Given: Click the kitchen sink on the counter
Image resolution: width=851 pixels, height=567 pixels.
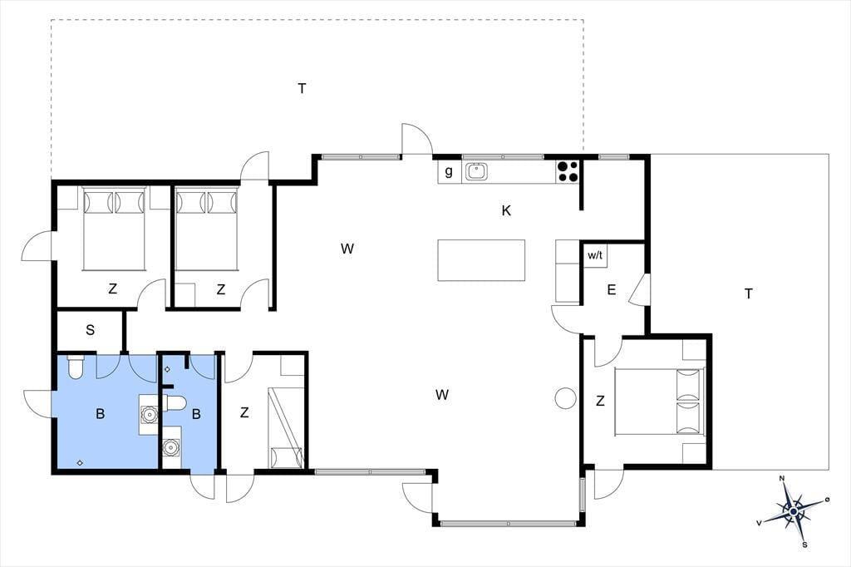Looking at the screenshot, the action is [x=476, y=171].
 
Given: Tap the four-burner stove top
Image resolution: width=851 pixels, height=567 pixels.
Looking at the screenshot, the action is [x=568, y=171].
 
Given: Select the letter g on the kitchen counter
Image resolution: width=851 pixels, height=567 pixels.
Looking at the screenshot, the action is [x=448, y=171].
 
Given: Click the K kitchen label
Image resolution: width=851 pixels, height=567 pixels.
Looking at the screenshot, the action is [x=506, y=210].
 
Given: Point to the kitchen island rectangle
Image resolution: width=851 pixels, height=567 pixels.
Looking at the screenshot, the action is [x=481, y=260].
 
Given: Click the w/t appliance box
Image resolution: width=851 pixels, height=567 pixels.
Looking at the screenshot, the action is [x=595, y=255].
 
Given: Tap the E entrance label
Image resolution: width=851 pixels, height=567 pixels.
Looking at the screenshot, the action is [x=611, y=290].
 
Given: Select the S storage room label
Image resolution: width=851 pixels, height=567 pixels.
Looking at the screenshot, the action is [x=90, y=330].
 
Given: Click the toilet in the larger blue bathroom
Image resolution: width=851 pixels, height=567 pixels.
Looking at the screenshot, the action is [x=75, y=367].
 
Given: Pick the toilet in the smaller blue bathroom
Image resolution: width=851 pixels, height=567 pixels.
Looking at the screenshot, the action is [x=175, y=403].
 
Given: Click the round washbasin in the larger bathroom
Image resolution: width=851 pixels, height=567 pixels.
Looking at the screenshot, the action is [x=148, y=415].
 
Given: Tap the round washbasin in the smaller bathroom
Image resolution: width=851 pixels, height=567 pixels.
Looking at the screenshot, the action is [x=171, y=447].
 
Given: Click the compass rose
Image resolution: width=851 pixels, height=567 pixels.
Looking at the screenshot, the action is [x=793, y=511].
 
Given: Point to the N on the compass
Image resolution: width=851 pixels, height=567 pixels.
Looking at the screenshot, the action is [x=782, y=479].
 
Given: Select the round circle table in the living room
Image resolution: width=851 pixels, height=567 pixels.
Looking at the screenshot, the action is [x=565, y=398].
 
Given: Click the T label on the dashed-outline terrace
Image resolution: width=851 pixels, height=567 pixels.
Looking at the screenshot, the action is [x=302, y=88].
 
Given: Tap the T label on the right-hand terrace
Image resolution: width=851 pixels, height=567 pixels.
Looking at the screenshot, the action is [x=749, y=293].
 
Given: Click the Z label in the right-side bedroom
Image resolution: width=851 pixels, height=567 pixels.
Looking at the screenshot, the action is [x=600, y=401].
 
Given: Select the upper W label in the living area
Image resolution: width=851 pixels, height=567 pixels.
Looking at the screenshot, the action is [x=347, y=249].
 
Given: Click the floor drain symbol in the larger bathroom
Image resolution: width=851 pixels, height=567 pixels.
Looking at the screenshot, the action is [x=80, y=463].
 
